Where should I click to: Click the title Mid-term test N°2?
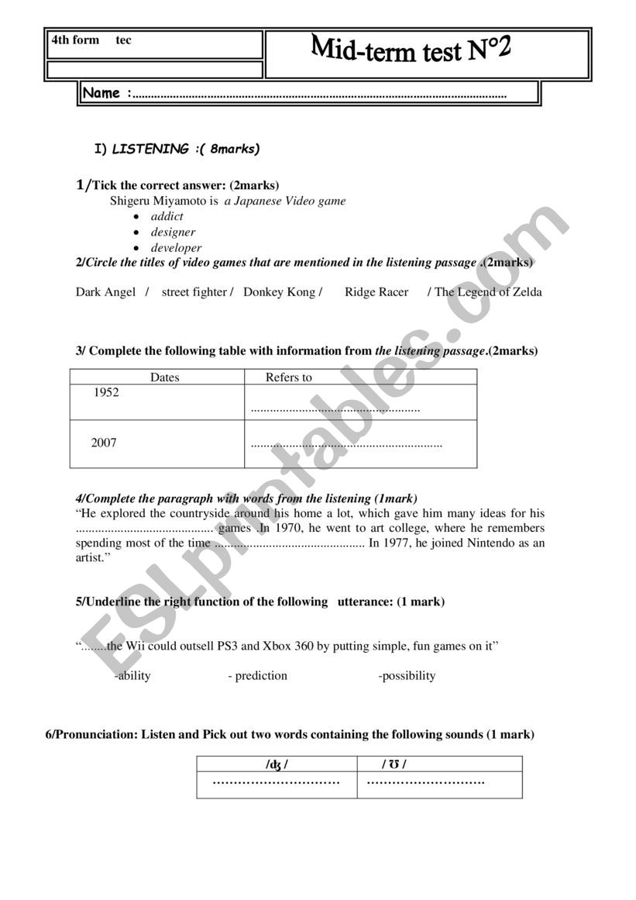[411, 51]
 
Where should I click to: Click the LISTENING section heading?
[150, 149]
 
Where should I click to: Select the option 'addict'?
[167, 216]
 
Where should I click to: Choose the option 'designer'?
[173, 232]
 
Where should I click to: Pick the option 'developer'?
[176, 248]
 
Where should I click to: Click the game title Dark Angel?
[105, 292]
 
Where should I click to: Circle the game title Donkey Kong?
[279, 292]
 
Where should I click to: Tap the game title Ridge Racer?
[376, 292]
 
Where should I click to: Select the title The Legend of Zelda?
[488, 292]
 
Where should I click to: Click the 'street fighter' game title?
[194, 292]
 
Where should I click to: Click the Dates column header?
[164, 378]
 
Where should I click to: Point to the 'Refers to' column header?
[289, 378]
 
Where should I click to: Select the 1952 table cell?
[106, 393]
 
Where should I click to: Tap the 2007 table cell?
[104, 443]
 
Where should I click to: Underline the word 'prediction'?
[261, 676]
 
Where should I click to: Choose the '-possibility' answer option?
[407, 676]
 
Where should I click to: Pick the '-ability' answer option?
[132, 676]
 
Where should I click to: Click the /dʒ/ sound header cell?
[277, 765]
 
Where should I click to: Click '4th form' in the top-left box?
[75, 40]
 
